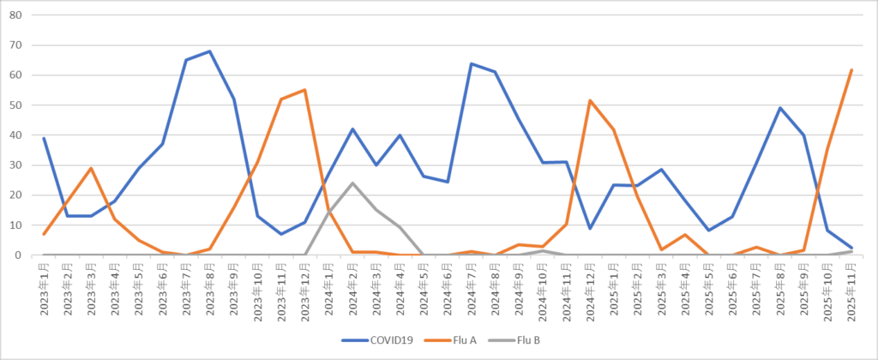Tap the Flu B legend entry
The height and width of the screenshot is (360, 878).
click(525, 340)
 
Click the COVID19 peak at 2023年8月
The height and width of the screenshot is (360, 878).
click(210, 51)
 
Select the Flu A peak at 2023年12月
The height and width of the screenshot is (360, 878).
click(305, 90)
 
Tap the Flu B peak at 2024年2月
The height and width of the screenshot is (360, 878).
click(352, 183)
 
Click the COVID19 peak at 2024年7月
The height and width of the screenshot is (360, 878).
click(471, 63)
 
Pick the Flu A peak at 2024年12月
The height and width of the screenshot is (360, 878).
click(590, 100)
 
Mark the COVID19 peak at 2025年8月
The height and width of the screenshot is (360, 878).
click(779, 108)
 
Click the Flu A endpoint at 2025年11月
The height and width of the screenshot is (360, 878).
click(851, 69)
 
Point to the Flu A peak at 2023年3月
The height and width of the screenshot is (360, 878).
click(92, 168)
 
